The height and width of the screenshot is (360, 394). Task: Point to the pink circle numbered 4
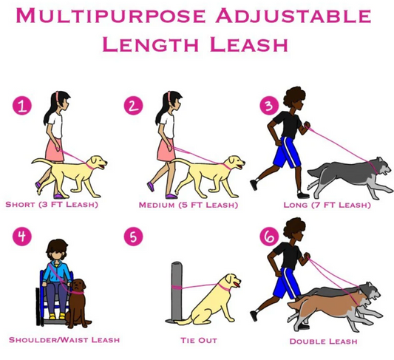pyautogui.click(x=24, y=238)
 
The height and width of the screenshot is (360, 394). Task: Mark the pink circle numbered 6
pyautogui.click(x=268, y=238)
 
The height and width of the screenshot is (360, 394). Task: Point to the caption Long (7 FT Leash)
pyautogui.click(x=326, y=205)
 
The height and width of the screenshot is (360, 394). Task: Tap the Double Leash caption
pyautogui.click(x=324, y=341)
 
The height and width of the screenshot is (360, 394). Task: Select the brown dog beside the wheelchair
pyautogui.click(x=77, y=303)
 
